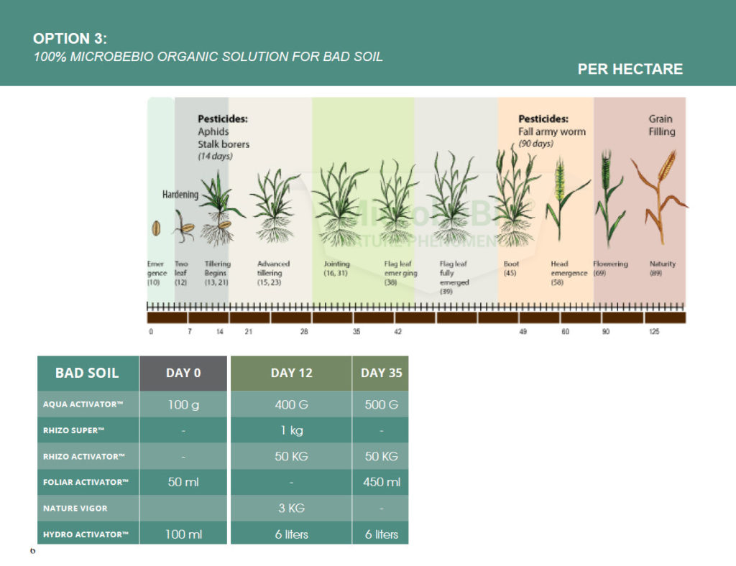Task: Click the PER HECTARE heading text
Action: (630, 70)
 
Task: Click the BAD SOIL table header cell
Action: (87, 373)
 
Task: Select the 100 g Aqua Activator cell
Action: (183, 404)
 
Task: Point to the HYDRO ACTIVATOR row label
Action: (86, 534)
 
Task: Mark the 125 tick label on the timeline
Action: (654, 332)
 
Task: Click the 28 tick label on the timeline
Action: (304, 332)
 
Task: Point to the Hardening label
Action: (180, 195)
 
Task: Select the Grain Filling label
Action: (661, 125)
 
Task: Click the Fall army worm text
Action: (551, 131)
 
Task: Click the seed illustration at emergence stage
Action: (155, 229)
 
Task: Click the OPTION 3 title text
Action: (70, 39)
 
